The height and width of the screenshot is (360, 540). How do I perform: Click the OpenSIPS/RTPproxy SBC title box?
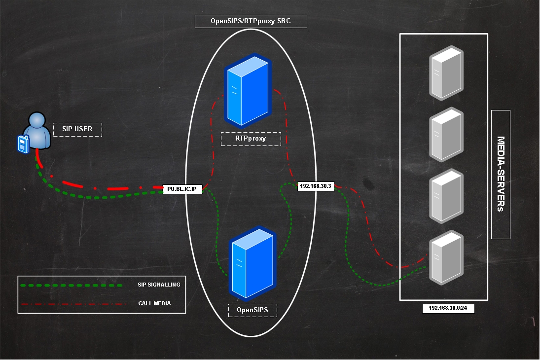coord(251,21)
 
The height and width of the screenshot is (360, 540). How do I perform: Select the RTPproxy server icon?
coord(248,90)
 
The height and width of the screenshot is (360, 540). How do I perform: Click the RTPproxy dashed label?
coord(251,139)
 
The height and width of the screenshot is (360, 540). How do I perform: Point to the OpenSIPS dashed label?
coord(252,310)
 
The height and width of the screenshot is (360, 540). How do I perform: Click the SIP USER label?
coord(77,129)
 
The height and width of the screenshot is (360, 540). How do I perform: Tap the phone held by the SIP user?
coord(22,144)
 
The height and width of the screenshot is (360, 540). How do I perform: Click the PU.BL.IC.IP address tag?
coord(182,189)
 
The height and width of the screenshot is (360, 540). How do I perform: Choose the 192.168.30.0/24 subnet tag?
coord(448,308)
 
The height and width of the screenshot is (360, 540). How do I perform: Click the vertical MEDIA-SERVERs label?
coord(501,174)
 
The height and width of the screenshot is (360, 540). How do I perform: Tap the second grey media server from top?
coord(446,134)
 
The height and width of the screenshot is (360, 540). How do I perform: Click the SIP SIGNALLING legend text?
coord(159,285)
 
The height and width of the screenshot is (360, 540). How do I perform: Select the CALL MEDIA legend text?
coord(154,303)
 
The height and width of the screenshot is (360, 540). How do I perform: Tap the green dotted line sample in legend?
coord(72,285)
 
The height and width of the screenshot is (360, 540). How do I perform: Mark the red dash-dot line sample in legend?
coord(72,303)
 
